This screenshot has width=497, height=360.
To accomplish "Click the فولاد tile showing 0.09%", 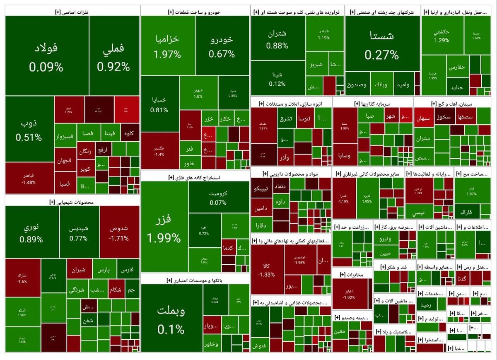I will pos(46,56).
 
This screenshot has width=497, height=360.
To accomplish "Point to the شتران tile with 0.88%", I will pos(277,39).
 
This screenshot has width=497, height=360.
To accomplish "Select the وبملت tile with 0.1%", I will pos(171,319).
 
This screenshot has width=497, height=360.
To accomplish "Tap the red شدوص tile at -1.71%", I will pos(119,233).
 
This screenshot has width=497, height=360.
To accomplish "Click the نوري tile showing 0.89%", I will pos(31,233).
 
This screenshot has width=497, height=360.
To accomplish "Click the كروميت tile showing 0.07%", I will pos(218,198).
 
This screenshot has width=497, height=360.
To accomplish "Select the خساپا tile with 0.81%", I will pos(159,104).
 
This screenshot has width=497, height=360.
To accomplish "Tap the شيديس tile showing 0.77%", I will pos(79,233).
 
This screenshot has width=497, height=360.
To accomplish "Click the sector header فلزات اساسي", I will pos(72,12).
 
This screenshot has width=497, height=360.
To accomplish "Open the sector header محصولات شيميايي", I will pos(71,202).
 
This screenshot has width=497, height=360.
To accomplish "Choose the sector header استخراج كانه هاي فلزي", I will pos(195,177).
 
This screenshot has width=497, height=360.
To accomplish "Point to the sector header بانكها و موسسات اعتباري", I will pos(195,280).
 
